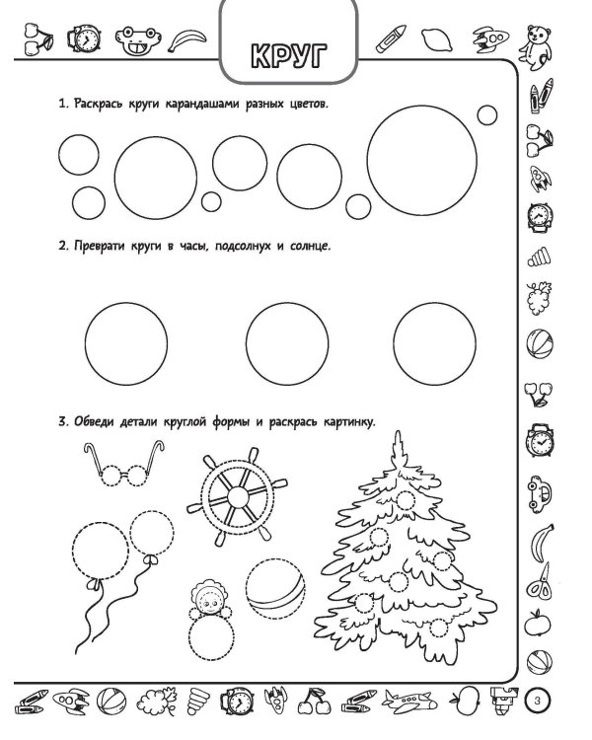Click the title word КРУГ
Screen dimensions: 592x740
[288, 55]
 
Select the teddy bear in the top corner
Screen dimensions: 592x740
[537, 47]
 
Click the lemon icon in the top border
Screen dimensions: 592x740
[437, 39]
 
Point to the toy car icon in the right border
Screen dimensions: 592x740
[539, 494]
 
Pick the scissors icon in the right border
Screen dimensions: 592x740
[540, 582]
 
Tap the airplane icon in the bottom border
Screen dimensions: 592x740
[408, 701]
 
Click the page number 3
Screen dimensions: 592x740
[538, 701]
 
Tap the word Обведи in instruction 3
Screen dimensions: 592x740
[94, 421]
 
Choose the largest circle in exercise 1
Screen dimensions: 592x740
[422, 161]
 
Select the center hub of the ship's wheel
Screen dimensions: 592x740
[238, 496]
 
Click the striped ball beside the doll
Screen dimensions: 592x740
[275, 588]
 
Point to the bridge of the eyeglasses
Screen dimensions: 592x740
[125, 475]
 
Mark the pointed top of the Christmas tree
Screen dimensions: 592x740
[398, 432]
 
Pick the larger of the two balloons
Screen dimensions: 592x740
[100, 551]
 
